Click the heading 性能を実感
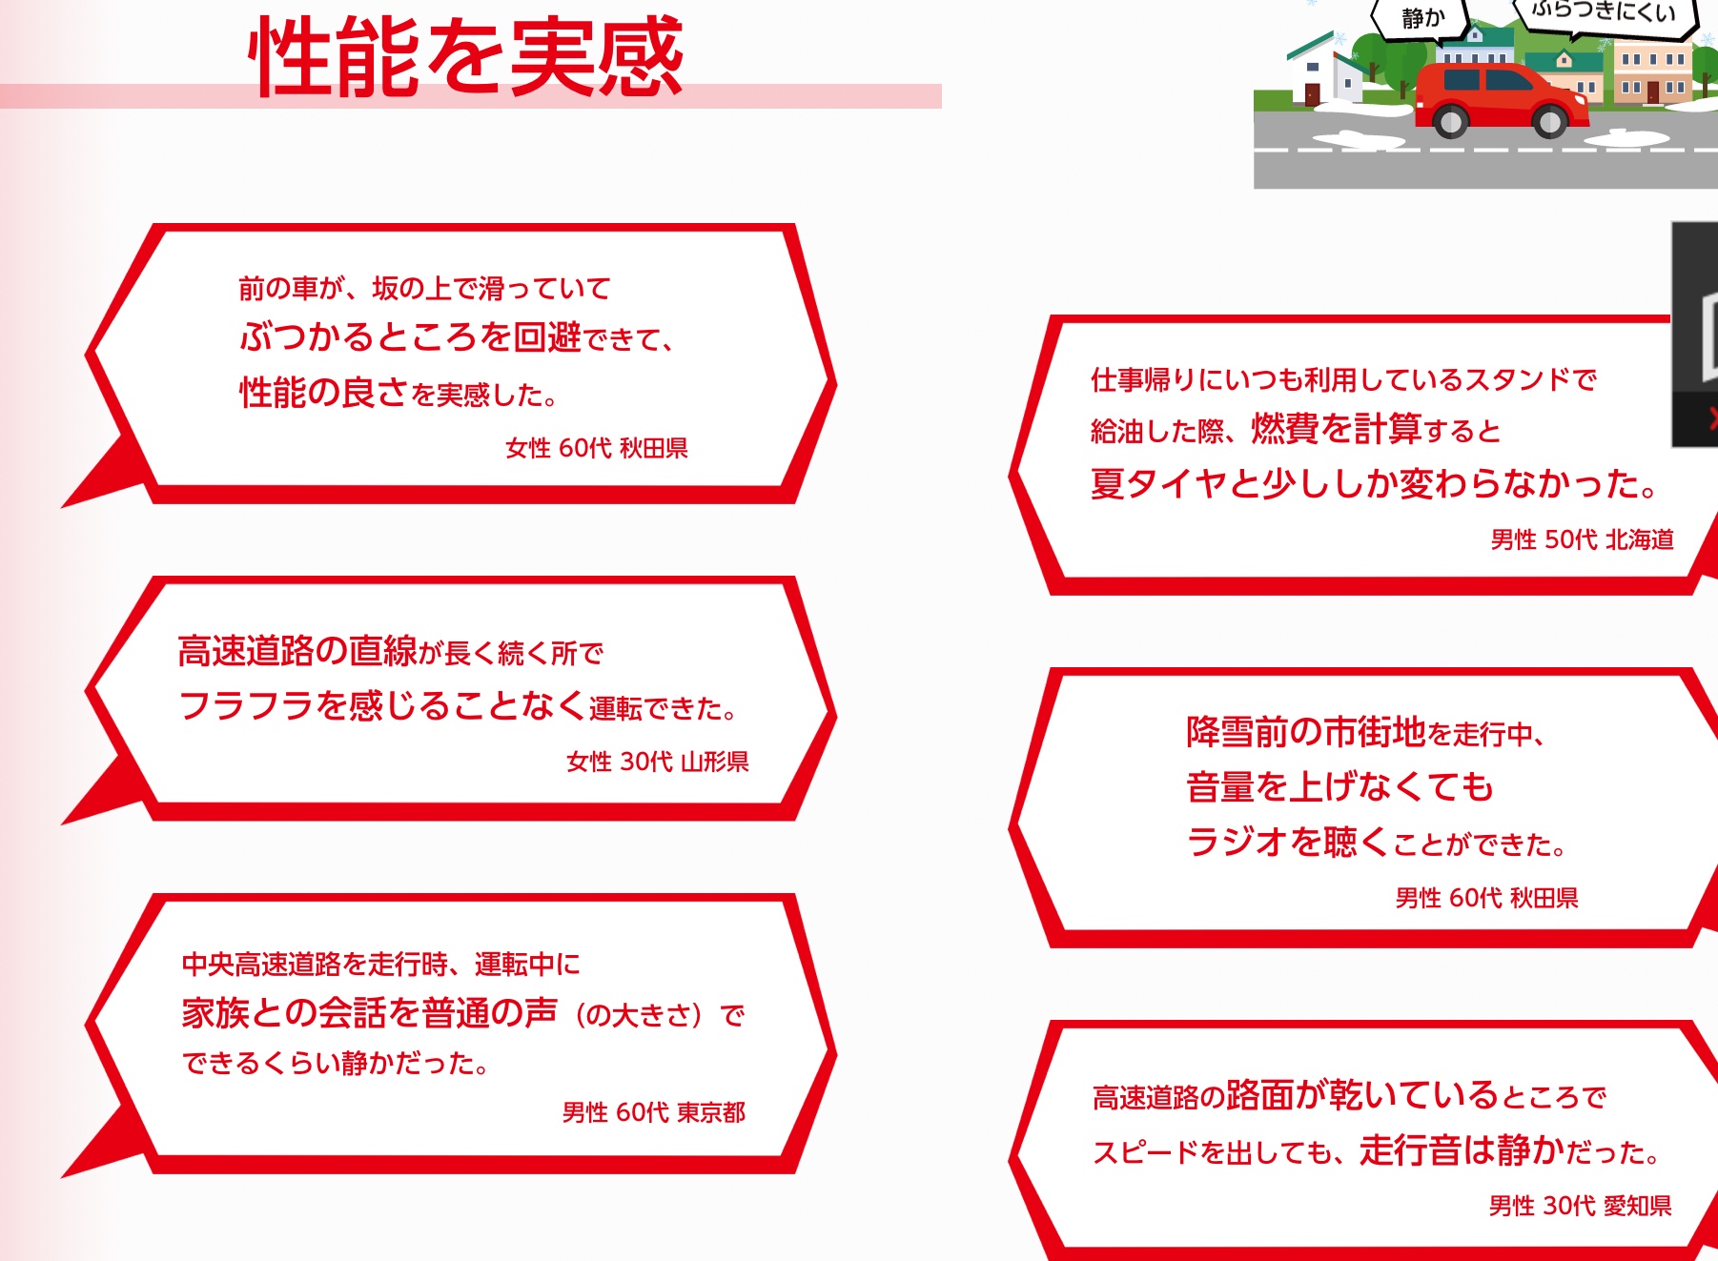[465, 56]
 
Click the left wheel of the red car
[1450, 120]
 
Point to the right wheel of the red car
[1550, 120]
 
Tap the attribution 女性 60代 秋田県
[596, 448]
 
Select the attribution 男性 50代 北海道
[1582, 539]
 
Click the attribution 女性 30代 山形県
[657, 762]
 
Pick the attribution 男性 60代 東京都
[653, 1112]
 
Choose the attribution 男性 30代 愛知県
[1580, 1206]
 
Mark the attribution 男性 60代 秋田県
[1486, 898]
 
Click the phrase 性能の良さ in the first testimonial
[323, 392]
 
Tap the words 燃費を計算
[1336, 429]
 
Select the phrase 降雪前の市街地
[1306, 731]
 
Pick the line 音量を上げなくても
[1340, 786]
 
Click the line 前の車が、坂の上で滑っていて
[424, 288]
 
